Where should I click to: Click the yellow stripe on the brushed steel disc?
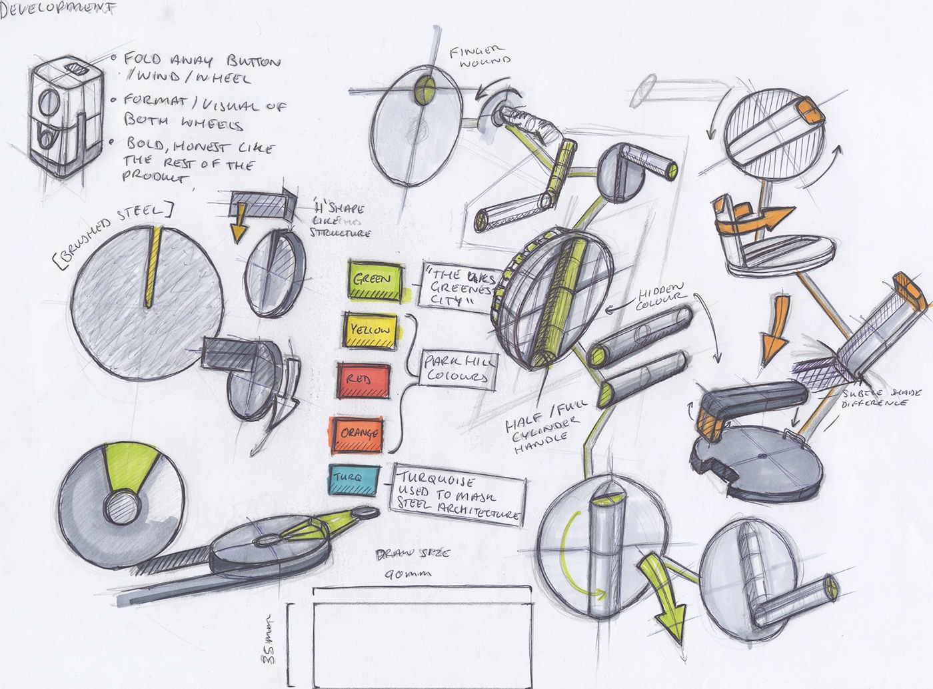pyautogui.click(x=153, y=267)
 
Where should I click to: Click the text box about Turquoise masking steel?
pyautogui.click(x=458, y=497)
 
